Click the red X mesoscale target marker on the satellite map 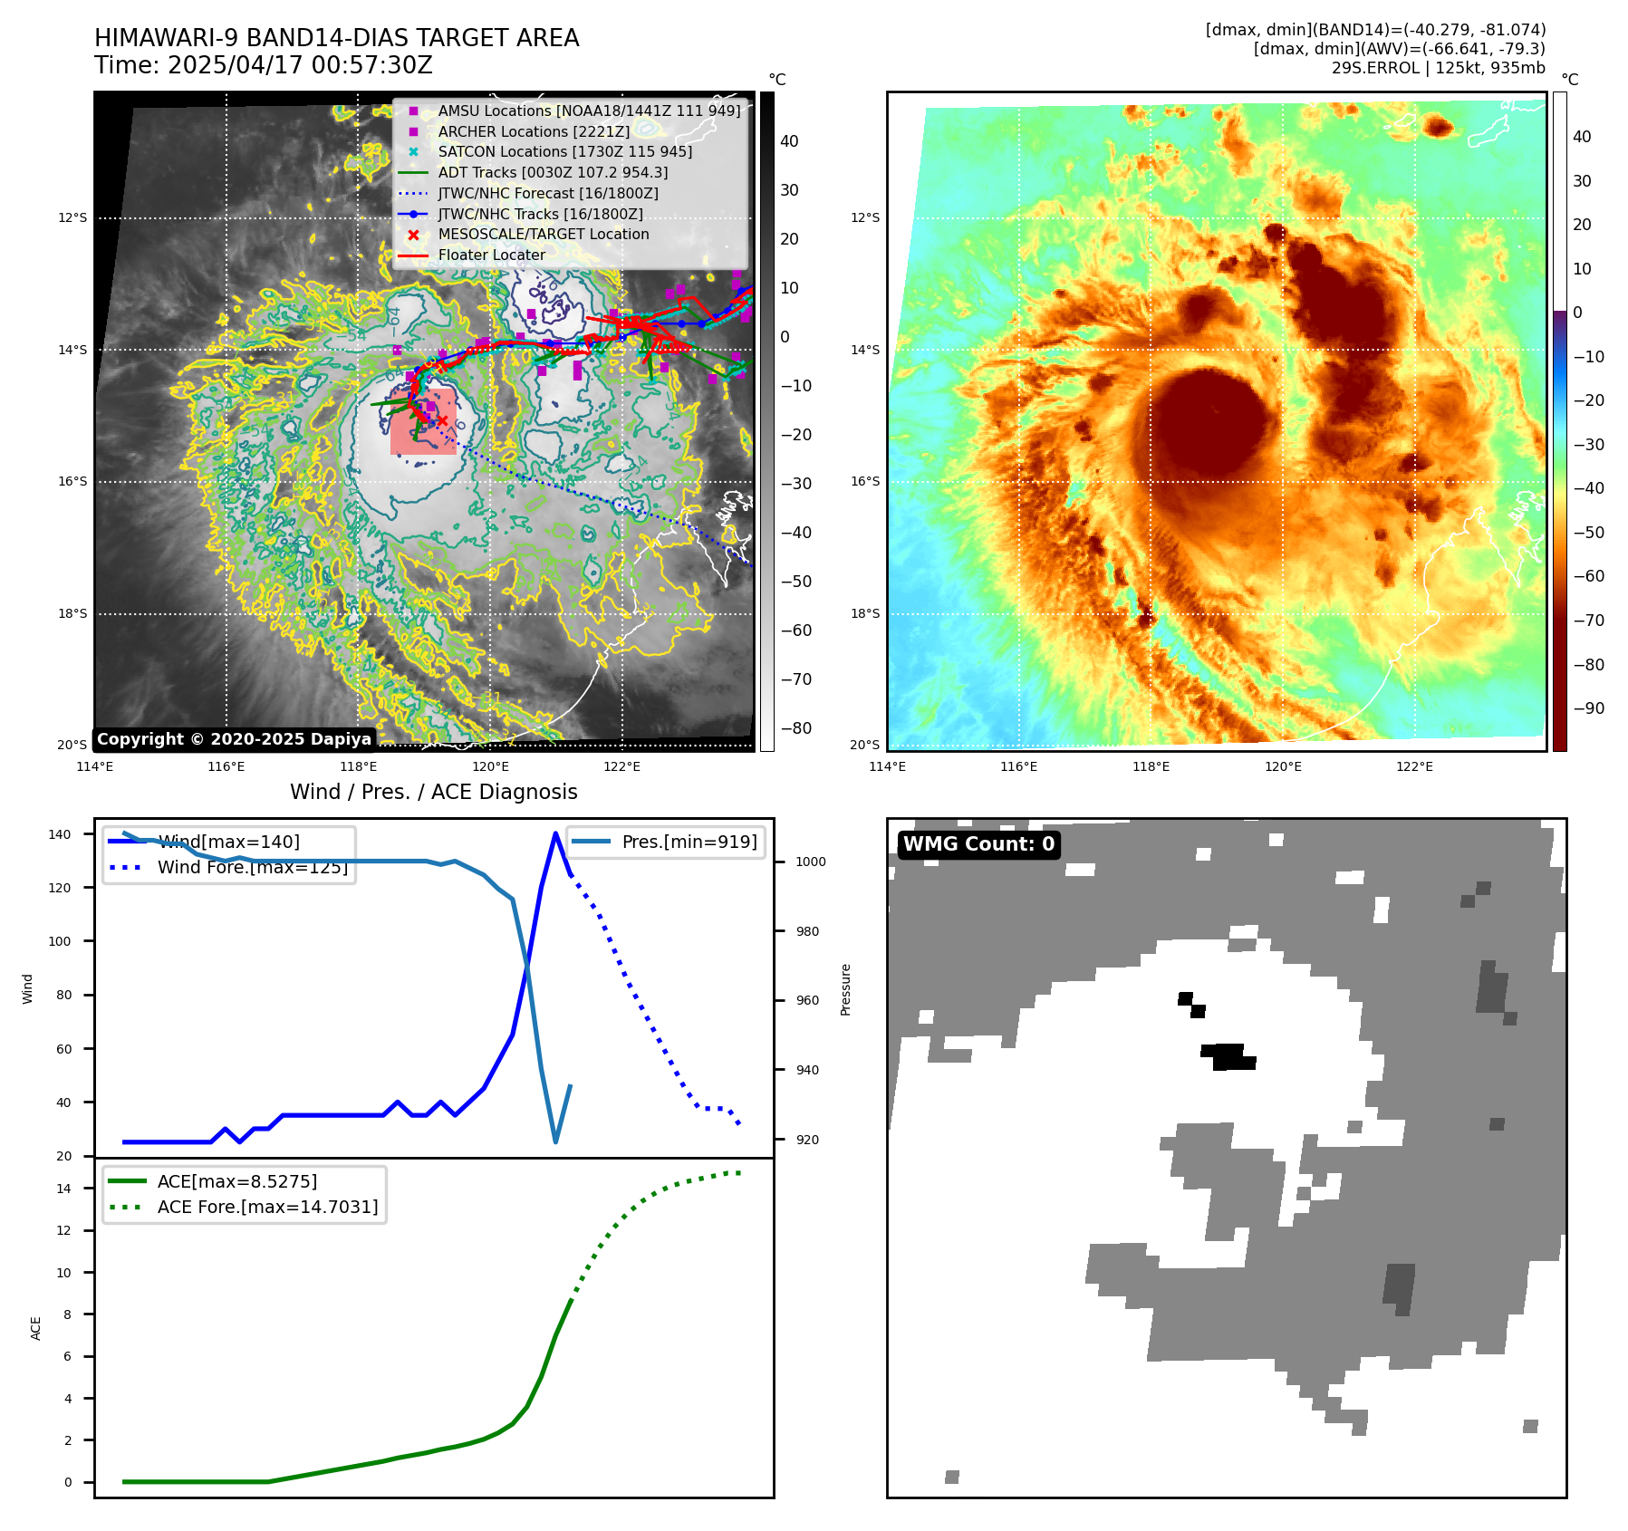click(x=442, y=420)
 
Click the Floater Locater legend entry click(x=491, y=255)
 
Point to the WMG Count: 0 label click(x=978, y=844)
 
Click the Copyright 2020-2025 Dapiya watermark click(x=234, y=739)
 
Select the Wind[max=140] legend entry click(x=228, y=842)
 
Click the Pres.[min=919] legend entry click(x=689, y=842)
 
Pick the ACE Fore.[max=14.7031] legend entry click(x=267, y=1207)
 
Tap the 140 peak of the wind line click(x=555, y=833)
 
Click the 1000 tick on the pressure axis click(x=810, y=862)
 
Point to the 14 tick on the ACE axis click(x=64, y=1189)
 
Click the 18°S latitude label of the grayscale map click(x=73, y=613)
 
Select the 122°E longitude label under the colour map click(x=1414, y=766)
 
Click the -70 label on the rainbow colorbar click(x=1588, y=621)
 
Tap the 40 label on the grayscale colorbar click(x=789, y=141)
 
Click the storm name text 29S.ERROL click(x=1375, y=68)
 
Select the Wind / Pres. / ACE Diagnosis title click(x=433, y=792)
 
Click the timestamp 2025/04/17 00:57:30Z click(x=300, y=65)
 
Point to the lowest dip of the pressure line click(x=555, y=1141)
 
